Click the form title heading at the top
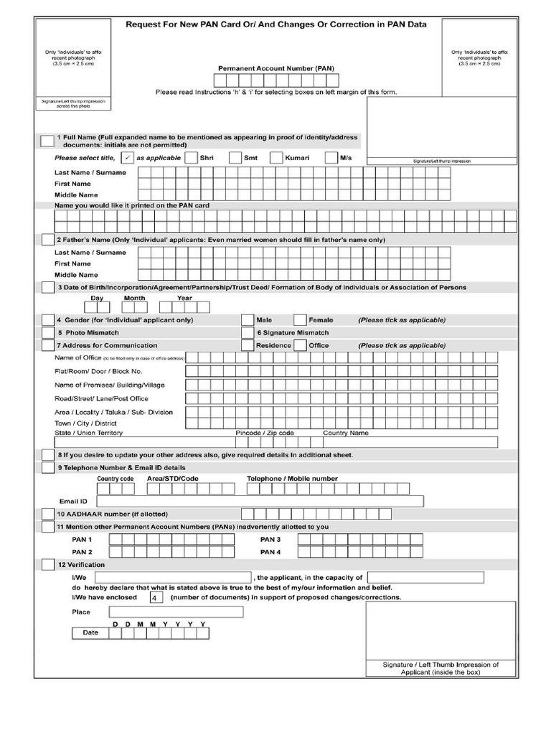[275, 24]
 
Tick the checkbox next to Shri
[191, 158]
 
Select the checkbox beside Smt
[235, 158]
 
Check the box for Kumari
[276, 158]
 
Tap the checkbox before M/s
[331, 158]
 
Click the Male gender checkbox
[248, 319]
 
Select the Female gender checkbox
[300, 319]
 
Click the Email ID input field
[259, 501]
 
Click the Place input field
[176, 612]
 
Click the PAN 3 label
[270, 539]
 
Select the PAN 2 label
[82, 552]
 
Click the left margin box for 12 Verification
[47, 565]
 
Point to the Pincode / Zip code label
[265, 433]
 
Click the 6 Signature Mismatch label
[293, 333]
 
